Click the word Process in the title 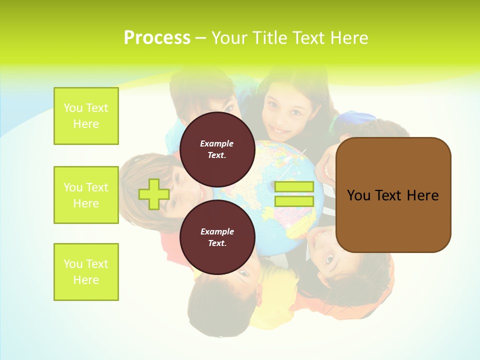[x=157, y=38]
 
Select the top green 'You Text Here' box [x=86, y=116]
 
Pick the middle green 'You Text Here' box [x=86, y=195]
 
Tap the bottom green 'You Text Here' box [x=86, y=272]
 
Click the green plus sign [x=154, y=194]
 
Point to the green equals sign [x=294, y=194]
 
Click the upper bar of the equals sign [x=294, y=187]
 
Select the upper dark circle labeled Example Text [x=217, y=149]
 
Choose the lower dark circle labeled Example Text [x=217, y=237]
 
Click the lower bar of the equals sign [x=294, y=201]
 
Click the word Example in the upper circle [x=217, y=143]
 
